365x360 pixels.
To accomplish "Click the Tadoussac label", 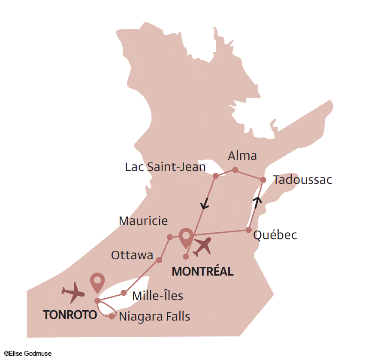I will pyautogui.click(x=302, y=180).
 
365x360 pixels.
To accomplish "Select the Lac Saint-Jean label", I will pyautogui.click(x=165, y=167).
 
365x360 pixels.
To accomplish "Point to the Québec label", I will pyautogui.click(x=275, y=235).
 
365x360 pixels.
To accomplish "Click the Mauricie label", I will pyautogui.click(x=143, y=221).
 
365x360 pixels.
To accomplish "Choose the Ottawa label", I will pyautogui.click(x=132, y=255).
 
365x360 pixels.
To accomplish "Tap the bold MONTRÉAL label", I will pyautogui.click(x=202, y=271).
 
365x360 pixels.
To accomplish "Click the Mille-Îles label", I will pyautogui.click(x=158, y=296).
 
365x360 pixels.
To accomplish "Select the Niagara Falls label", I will pyautogui.click(x=154, y=317).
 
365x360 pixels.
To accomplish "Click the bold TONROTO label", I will pyautogui.click(x=70, y=315).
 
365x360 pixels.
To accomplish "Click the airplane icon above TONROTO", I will pyautogui.click(x=73, y=292).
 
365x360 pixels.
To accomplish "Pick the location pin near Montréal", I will pyautogui.click(x=186, y=238).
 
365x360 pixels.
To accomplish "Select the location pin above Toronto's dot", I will pyautogui.click(x=97, y=283).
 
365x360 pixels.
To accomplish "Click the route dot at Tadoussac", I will pyautogui.click(x=264, y=180).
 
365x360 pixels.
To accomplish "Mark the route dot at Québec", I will pyautogui.click(x=248, y=230).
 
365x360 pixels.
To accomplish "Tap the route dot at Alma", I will pyautogui.click(x=235, y=170).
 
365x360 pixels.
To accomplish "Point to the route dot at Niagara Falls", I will pyautogui.click(x=112, y=316).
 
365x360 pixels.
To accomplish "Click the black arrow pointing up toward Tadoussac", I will pyautogui.click(x=257, y=200).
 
